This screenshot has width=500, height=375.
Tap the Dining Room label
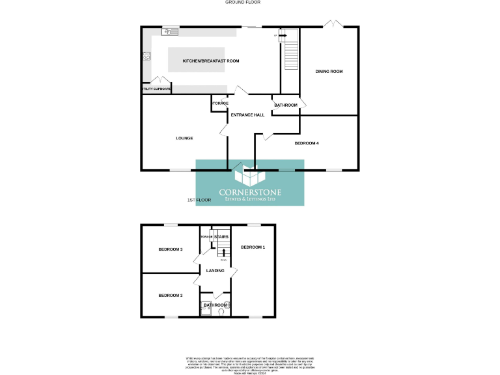[x=329, y=71]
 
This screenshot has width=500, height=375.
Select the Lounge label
[x=184, y=138]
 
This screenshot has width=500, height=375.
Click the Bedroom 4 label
[x=307, y=143]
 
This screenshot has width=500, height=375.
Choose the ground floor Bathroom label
[x=286, y=105]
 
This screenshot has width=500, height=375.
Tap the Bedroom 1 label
[x=253, y=247]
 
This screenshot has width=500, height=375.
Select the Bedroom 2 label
[x=171, y=295]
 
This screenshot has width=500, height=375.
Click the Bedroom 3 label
[x=171, y=249]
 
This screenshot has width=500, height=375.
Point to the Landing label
[x=215, y=270]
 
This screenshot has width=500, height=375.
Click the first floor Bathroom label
[x=215, y=305]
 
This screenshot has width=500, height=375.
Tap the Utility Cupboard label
[x=156, y=89]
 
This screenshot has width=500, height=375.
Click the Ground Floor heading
[x=243, y=3]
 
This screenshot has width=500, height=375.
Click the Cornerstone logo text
[x=251, y=193]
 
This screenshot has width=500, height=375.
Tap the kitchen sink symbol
[x=171, y=31]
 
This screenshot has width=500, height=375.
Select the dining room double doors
[x=334, y=24]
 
